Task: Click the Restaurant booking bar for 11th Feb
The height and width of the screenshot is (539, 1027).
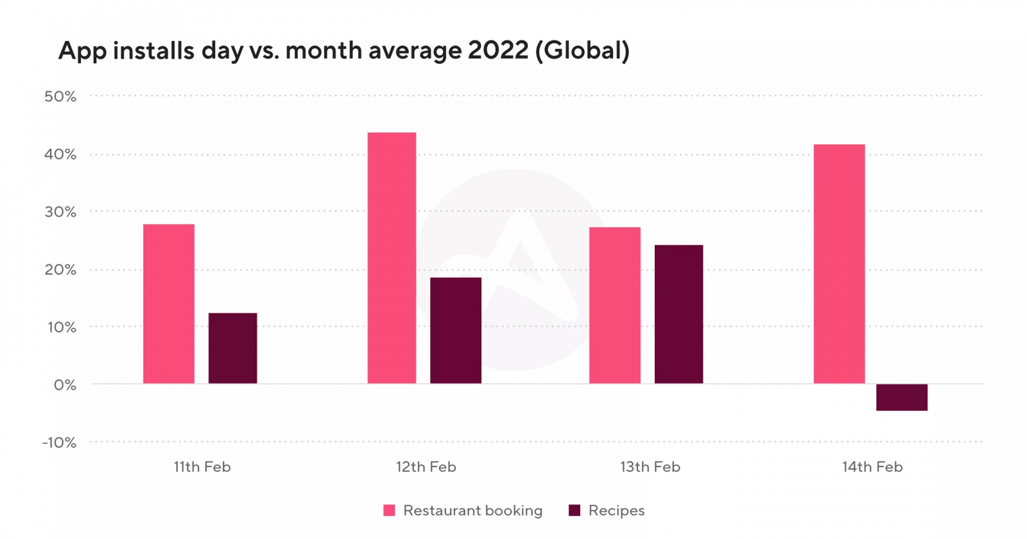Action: [x=169, y=304]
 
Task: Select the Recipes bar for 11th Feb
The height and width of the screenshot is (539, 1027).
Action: [x=232, y=348]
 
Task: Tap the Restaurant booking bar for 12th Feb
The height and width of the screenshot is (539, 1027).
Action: [x=392, y=258]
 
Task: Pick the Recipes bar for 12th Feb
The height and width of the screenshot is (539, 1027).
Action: [x=456, y=330]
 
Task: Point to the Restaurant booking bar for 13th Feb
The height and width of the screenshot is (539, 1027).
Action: [x=615, y=305]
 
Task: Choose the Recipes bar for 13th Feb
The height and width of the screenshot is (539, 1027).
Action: [x=678, y=314]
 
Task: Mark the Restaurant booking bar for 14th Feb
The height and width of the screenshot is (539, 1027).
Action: [x=839, y=264]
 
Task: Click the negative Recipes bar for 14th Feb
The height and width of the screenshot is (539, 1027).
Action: [x=902, y=397]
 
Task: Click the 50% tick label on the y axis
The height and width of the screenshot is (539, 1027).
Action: [x=60, y=97]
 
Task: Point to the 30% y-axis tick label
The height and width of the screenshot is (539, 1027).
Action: [x=60, y=212]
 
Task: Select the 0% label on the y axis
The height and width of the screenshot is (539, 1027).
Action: [x=65, y=385]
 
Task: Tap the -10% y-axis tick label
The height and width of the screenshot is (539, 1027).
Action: [x=60, y=443]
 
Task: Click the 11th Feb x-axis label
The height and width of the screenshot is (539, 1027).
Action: [x=202, y=467]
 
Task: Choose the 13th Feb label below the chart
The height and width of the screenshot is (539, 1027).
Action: [x=650, y=467]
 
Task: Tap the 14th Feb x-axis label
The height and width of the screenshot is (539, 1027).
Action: [x=872, y=467]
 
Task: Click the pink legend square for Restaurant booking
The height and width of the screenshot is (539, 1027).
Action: [x=389, y=511]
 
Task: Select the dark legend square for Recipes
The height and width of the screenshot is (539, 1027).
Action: [x=574, y=511]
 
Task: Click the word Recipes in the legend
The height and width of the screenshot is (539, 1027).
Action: [x=616, y=511]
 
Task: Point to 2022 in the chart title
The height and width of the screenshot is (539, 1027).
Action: [x=498, y=50]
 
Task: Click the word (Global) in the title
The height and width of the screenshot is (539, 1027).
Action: [x=582, y=50]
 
